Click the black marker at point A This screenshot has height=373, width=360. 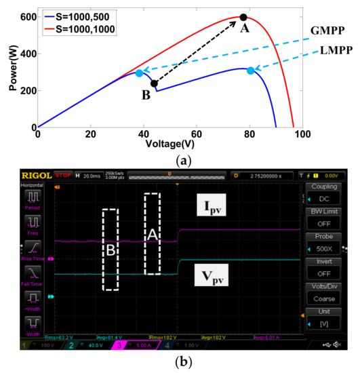tap(243, 17)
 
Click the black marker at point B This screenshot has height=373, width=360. tap(154, 84)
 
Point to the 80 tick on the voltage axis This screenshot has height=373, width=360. tap(251, 135)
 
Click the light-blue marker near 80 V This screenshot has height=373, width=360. tap(251, 71)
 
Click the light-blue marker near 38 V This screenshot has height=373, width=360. tap(139, 73)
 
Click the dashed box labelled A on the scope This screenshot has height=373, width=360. tap(153, 234)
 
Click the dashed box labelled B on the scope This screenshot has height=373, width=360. tap(111, 249)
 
